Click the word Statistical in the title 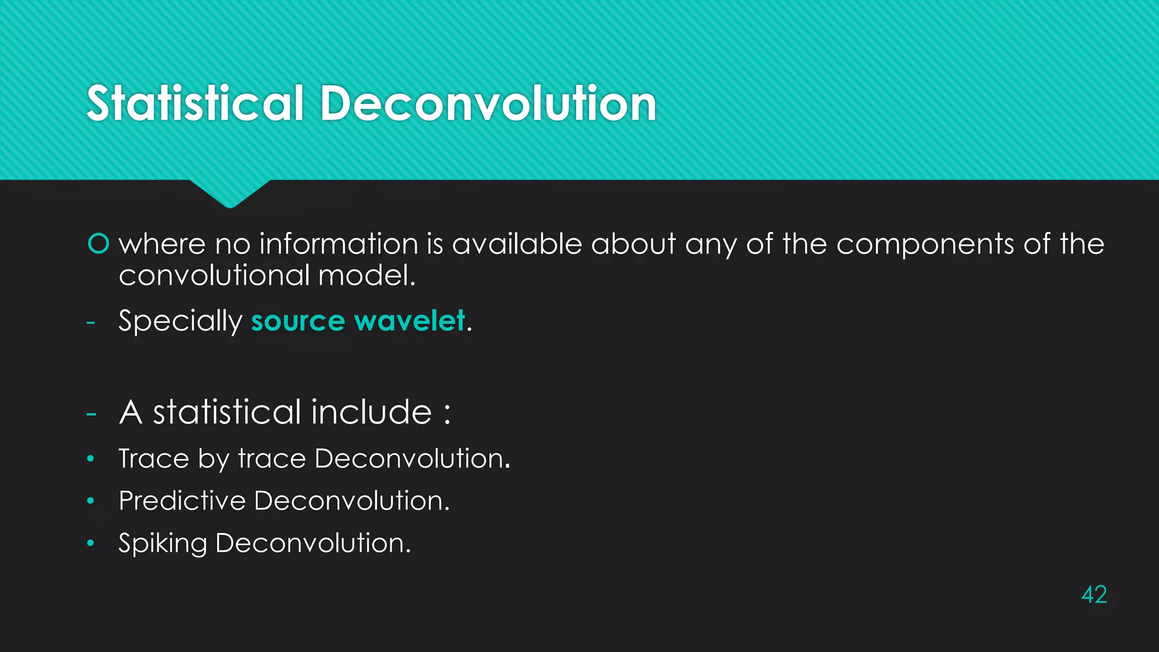coord(195,104)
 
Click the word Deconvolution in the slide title coord(488,104)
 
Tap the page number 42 coord(1093,595)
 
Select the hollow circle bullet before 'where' coord(98,244)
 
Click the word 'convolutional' coord(214,276)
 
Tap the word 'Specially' coord(180,321)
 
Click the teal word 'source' coord(298,321)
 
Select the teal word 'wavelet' coord(409,321)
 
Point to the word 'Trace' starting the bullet coord(153,458)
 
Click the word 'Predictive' coord(182,501)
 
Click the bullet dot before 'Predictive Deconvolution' coord(91,500)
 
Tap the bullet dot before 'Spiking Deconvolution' coord(91,543)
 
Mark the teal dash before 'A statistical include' coord(91,414)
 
